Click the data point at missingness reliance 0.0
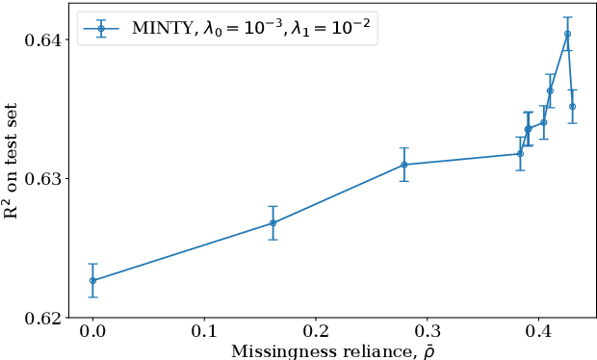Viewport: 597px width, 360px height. click(x=92, y=280)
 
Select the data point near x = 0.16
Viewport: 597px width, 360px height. click(x=273, y=222)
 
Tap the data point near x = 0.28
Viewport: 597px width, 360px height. click(x=403, y=165)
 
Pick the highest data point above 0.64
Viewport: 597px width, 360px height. click(x=567, y=34)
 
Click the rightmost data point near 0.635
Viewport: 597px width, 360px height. click(x=572, y=106)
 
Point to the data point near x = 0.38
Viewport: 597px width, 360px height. click(x=520, y=153)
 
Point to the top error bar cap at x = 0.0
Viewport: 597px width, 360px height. click(x=92, y=264)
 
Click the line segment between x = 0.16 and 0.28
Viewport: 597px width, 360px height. click(x=337, y=193)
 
